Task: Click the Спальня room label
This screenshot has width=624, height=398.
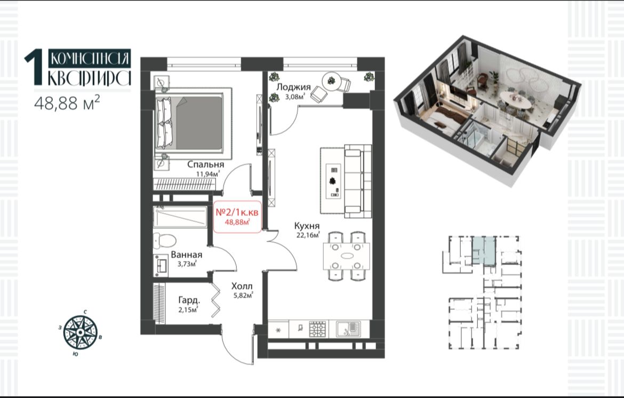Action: coord(205,164)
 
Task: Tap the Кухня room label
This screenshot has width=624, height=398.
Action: coord(307,226)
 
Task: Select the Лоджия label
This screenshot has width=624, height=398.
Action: coord(293,87)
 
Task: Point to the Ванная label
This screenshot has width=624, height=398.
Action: coord(186,254)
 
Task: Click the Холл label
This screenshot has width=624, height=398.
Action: coord(242,286)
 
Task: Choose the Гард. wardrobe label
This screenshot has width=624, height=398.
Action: coord(189,300)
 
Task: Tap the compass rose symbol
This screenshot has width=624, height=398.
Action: coord(81,331)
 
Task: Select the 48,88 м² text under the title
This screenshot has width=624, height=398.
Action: coord(67,102)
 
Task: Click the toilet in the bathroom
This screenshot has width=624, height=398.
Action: coord(165,240)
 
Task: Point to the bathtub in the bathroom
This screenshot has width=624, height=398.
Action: coord(180,217)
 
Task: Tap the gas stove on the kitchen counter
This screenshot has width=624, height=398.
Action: coord(318,329)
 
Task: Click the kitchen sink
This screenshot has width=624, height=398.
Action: coord(348,329)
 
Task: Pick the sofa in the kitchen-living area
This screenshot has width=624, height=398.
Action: coord(358,181)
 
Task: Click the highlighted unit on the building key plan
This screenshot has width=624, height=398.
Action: coord(484,250)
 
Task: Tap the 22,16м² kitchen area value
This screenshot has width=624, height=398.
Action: coord(308,235)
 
